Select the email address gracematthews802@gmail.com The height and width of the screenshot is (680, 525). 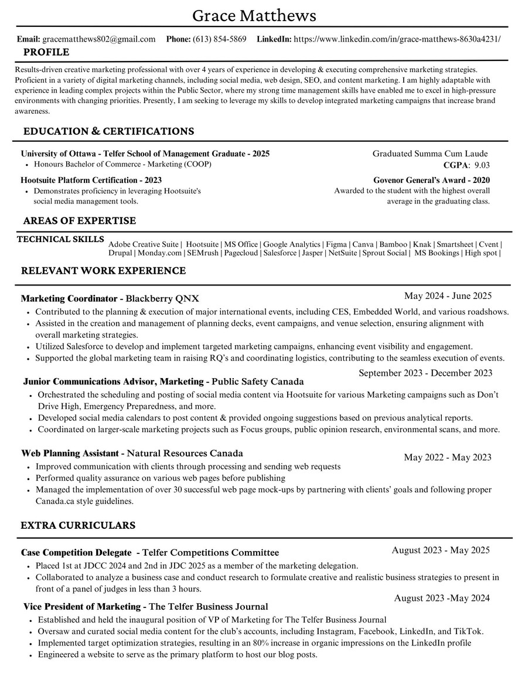[x=99, y=39]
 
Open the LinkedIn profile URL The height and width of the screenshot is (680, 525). [x=397, y=39]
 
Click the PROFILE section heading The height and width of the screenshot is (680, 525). [x=46, y=53]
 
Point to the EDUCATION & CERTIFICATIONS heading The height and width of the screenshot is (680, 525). [x=108, y=131]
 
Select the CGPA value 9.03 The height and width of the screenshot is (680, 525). [x=482, y=165]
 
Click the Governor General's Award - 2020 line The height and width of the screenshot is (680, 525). [x=431, y=180]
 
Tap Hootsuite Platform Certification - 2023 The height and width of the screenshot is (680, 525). [x=91, y=180]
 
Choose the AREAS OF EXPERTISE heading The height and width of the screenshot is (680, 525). [x=79, y=221]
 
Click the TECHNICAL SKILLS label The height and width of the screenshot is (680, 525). [x=61, y=239]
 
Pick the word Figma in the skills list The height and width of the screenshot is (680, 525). [x=336, y=244]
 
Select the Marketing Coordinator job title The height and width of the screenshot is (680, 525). [x=69, y=298]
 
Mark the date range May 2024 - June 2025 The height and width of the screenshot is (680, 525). [x=448, y=295]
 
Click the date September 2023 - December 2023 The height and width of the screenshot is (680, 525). [x=425, y=373]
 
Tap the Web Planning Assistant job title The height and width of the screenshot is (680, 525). [x=70, y=453]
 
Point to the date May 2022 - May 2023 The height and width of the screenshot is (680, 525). [x=448, y=457]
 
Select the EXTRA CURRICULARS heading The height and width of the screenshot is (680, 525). [x=78, y=525]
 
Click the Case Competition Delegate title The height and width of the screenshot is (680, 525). [x=76, y=552]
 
